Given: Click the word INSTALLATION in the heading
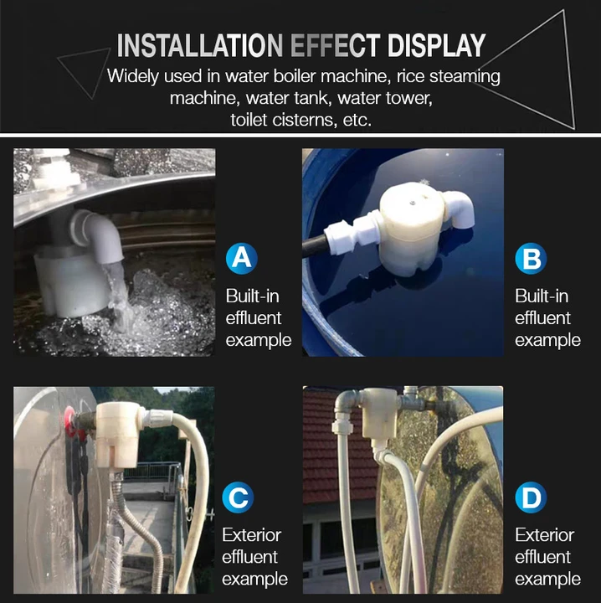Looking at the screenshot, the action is click(x=200, y=46).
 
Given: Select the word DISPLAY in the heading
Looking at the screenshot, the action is click(x=437, y=46).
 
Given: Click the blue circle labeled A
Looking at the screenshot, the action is click(x=242, y=258).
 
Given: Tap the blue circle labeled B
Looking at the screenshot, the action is click(x=531, y=258).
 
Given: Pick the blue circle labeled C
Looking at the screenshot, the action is click(x=238, y=497).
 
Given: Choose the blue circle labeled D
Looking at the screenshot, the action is click(x=531, y=497).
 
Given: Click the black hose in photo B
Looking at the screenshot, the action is click(x=315, y=246).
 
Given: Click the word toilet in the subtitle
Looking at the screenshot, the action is click(x=249, y=120).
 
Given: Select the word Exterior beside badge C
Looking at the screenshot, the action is click(x=252, y=535).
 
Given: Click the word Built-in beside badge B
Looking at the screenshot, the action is click(x=542, y=296).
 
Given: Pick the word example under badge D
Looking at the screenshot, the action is click(x=548, y=580).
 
